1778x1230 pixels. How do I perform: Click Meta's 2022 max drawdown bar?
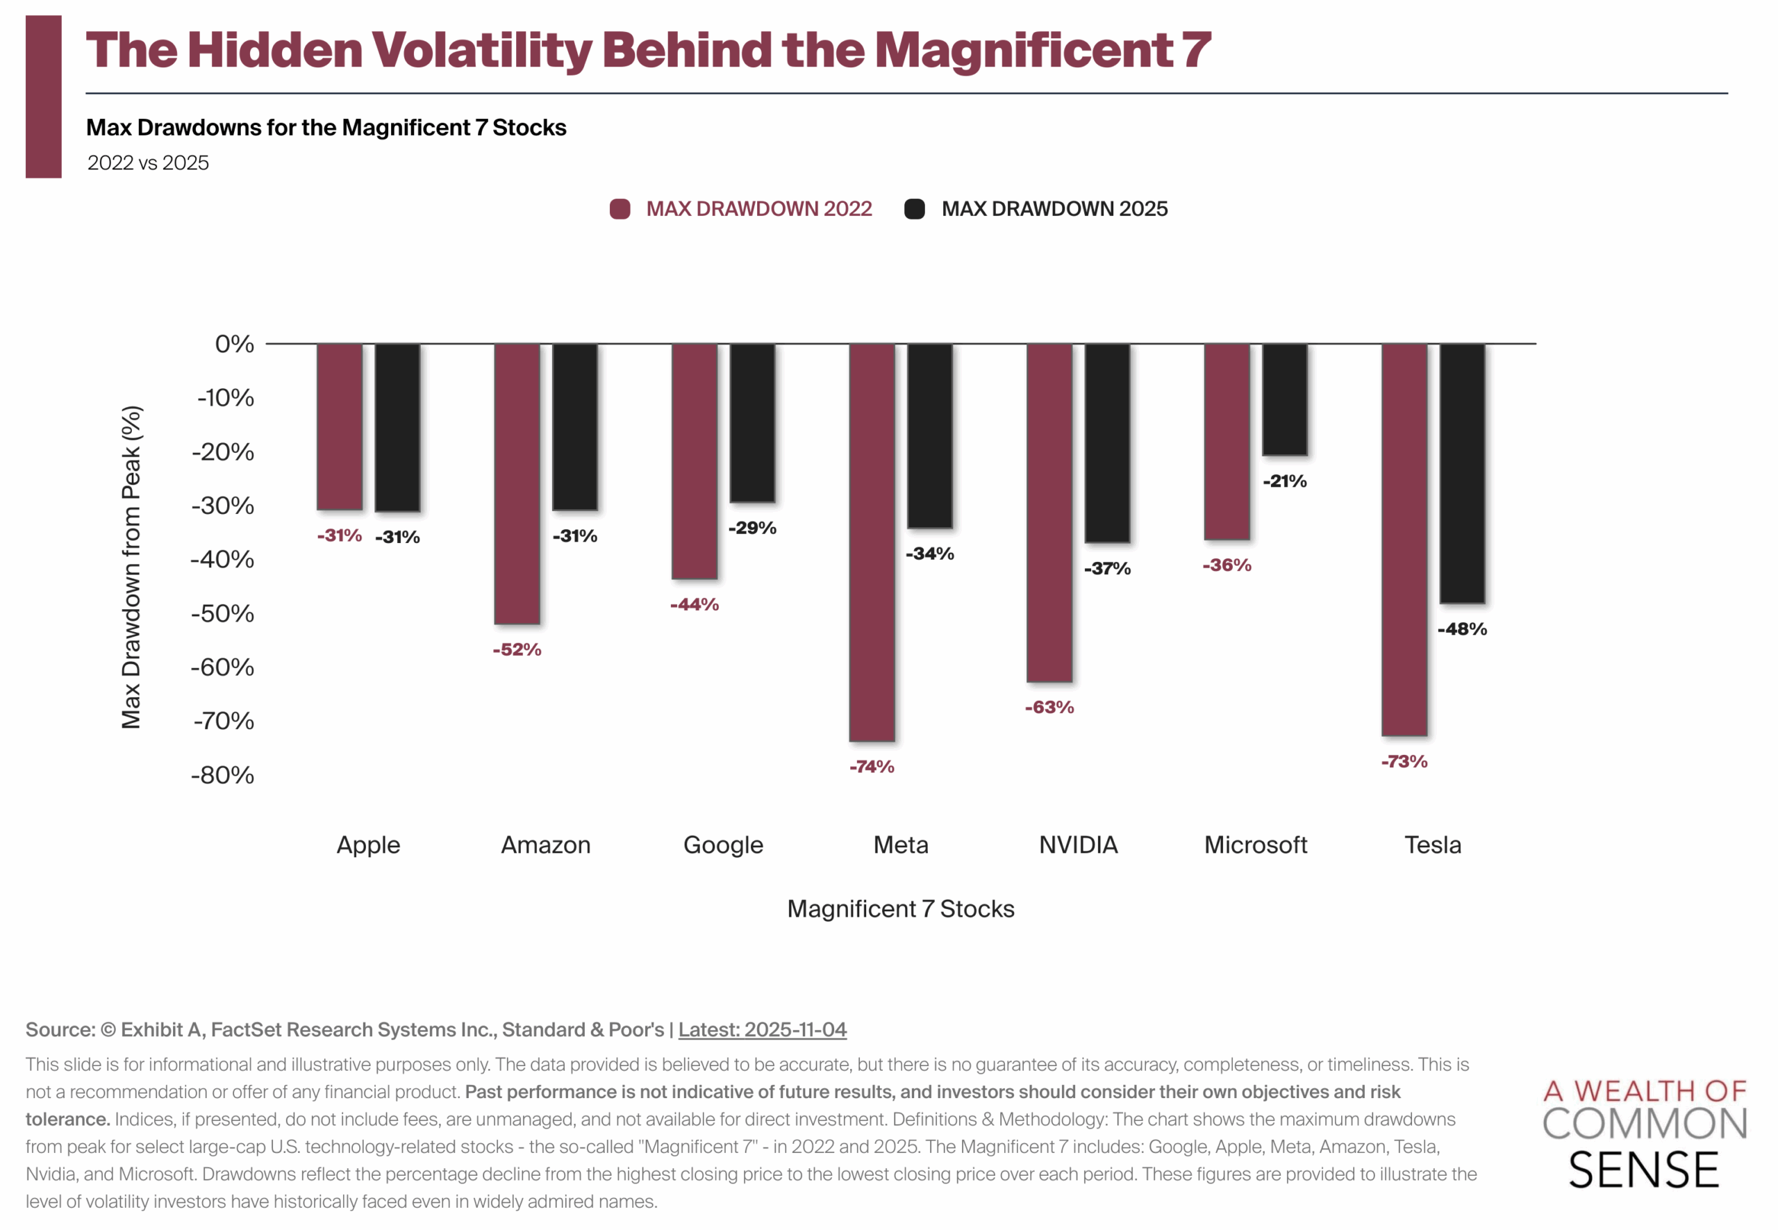point(872,542)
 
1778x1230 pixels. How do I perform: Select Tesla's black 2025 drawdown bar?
point(1462,472)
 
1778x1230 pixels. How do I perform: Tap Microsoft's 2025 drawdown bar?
point(1285,399)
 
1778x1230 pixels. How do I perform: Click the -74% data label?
point(872,767)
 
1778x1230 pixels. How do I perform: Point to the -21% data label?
point(1285,482)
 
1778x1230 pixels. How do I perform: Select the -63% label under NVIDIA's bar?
point(1049,708)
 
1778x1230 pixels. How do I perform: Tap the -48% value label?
point(1462,630)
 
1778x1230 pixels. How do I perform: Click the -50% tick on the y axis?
point(223,613)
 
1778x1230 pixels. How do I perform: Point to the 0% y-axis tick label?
point(234,344)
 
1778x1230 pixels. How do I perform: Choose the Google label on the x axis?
point(723,845)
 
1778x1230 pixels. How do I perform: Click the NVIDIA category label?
point(1078,845)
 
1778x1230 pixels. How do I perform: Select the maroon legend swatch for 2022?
point(620,209)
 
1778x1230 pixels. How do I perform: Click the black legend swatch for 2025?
point(914,209)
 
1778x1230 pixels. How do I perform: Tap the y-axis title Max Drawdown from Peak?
point(131,567)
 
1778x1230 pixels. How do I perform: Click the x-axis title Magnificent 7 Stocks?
point(900,908)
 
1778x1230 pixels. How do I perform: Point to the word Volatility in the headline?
point(483,50)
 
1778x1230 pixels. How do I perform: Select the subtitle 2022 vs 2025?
point(148,163)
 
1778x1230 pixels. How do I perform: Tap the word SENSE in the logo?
point(1643,1171)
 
